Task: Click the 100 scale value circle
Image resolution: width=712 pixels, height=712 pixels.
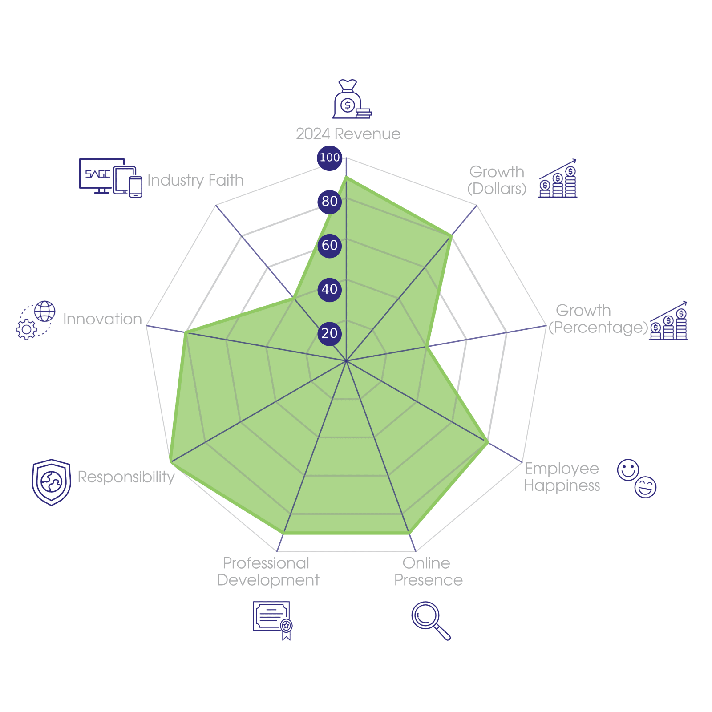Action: tap(329, 158)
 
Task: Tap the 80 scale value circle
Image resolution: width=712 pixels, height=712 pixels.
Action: tap(329, 202)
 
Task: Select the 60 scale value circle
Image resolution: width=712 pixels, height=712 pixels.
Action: tap(329, 245)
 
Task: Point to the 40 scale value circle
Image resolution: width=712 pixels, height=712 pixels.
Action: tap(329, 289)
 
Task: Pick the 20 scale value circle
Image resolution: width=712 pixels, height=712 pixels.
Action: tap(329, 333)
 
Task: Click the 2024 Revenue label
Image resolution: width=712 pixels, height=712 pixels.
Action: tap(348, 134)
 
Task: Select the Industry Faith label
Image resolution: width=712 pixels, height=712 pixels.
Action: tap(195, 180)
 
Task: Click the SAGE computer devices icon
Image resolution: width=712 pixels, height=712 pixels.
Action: tap(110, 178)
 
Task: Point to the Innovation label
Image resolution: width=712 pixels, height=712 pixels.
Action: tap(102, 319)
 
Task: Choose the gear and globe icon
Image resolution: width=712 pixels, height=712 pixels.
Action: tap(36, 320)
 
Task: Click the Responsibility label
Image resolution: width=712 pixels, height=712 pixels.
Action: tap(126, 477)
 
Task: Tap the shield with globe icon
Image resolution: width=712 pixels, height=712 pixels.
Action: tap(52, 482)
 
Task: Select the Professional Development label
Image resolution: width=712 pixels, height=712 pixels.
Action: tap(268, 572)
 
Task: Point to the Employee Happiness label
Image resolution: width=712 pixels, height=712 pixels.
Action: tap(562, 477)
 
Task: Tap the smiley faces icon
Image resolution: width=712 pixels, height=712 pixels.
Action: tap(637, 478)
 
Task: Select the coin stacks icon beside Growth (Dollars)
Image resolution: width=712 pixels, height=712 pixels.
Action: tap(558, 179)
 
